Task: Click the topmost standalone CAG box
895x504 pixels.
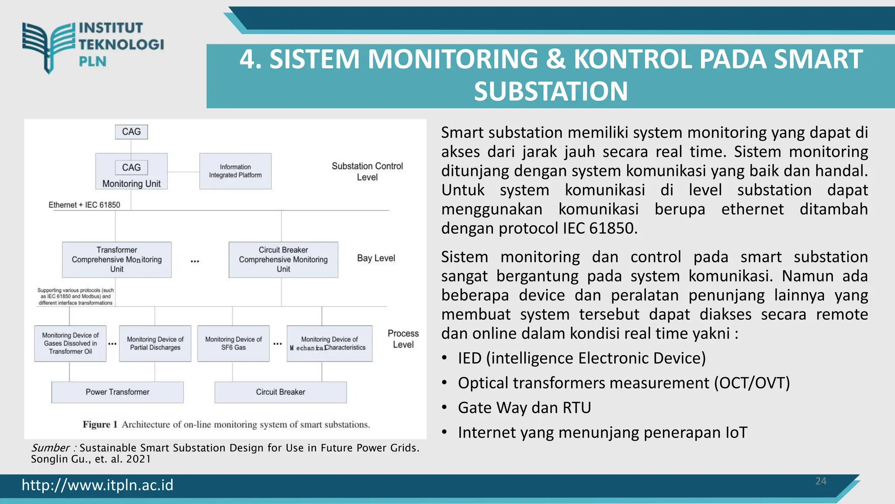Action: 131,132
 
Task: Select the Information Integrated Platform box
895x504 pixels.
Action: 235,171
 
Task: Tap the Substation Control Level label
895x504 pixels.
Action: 367,171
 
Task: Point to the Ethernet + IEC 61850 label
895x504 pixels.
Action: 84,205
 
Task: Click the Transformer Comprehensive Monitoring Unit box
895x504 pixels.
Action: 117,259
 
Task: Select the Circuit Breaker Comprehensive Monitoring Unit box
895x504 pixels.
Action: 283,259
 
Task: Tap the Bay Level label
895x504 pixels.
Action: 376,258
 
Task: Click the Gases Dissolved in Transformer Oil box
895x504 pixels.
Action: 70,343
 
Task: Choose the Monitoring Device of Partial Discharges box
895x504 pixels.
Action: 155,343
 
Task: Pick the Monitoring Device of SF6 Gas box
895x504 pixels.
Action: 233,343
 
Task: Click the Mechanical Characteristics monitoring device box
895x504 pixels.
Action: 330,343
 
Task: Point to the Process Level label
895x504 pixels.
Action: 403,339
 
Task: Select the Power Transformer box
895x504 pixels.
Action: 118,392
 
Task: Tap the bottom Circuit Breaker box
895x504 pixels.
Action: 281,392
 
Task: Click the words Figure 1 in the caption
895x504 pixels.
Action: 100,424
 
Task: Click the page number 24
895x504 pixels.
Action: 821,481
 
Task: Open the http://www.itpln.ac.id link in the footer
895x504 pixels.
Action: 97,485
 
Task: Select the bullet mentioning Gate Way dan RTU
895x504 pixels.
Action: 524,408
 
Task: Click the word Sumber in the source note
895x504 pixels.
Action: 50,448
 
